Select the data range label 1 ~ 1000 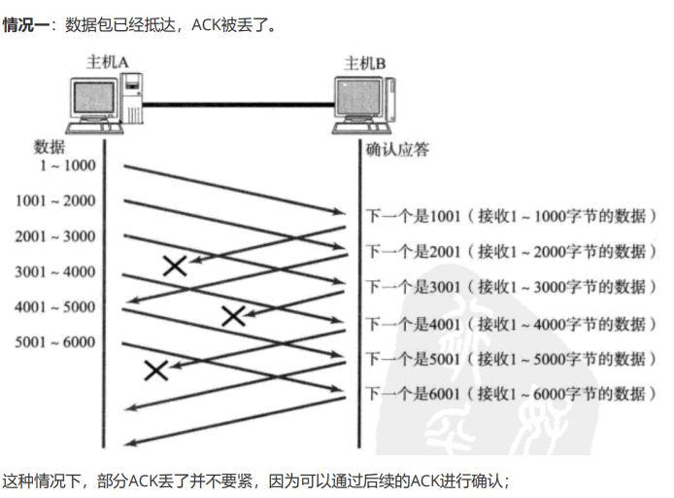67,165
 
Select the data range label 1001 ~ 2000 55,201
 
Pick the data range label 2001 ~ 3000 55,236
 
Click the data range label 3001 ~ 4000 55,272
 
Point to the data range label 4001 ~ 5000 55,307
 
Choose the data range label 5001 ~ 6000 55,342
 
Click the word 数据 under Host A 50,147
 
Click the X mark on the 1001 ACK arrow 175,265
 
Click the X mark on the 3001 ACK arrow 233,314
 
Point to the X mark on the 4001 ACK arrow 155,369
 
